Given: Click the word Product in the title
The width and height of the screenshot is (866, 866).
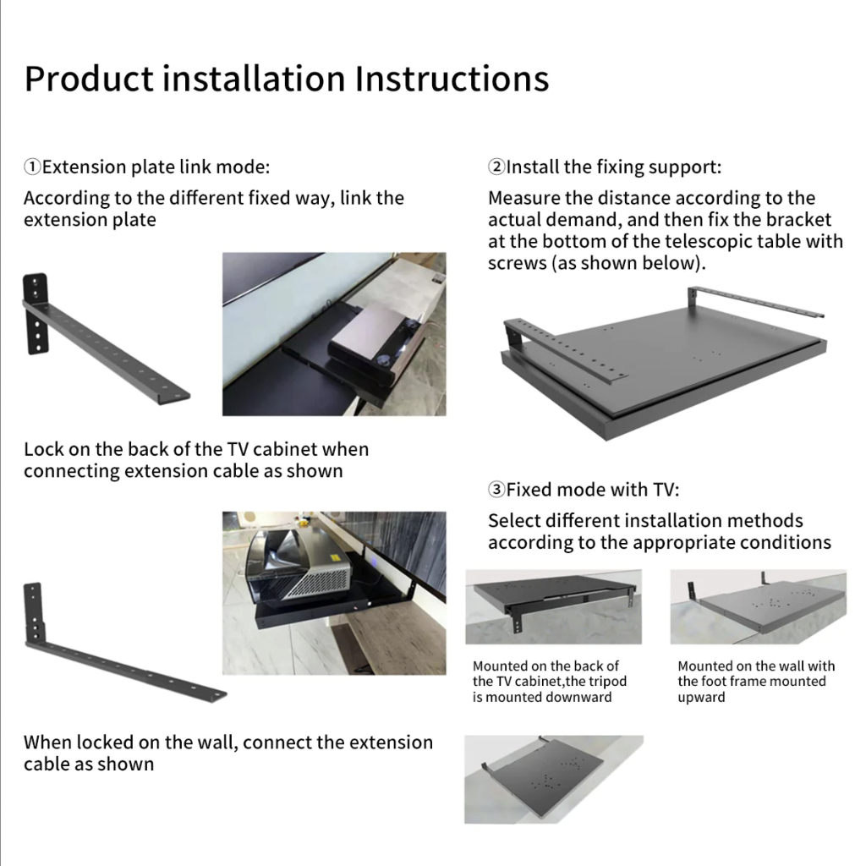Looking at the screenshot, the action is pos(89,79).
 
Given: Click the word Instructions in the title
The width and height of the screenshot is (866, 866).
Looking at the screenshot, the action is pos(452,79).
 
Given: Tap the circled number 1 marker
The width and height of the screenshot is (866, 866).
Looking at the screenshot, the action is pos(32,167).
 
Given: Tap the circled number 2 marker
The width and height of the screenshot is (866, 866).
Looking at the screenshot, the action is pos(496,167).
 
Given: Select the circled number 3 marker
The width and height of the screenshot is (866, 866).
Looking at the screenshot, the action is pos(496,490).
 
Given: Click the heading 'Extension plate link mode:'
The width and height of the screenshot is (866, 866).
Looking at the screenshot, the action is pos(156,167).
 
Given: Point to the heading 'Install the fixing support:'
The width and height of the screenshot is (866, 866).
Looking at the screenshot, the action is pos(614,167).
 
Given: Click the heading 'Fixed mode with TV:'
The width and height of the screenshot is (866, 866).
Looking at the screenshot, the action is pos(593,490).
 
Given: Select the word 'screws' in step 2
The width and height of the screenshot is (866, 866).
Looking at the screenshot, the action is pos(517,263).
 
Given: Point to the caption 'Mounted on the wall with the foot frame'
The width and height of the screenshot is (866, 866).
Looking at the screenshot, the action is pos(756,674).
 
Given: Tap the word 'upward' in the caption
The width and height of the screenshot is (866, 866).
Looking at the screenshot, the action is pos(701,698).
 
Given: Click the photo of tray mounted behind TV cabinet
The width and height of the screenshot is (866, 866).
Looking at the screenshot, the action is pos(553,607).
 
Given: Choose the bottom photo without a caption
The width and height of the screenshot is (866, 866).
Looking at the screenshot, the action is pos(554,779).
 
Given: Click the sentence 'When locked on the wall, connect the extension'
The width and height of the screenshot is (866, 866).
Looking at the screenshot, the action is pos(228,743).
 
